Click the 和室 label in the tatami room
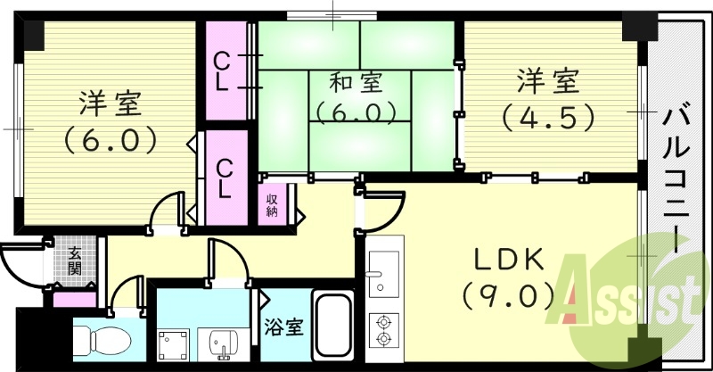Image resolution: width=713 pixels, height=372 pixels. (356, 85)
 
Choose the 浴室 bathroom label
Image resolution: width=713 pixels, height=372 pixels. (283, 327)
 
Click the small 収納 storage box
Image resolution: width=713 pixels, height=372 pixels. (273, 204)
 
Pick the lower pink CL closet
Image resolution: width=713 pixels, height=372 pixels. (225, 178)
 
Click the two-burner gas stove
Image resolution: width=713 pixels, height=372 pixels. (385, 330)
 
